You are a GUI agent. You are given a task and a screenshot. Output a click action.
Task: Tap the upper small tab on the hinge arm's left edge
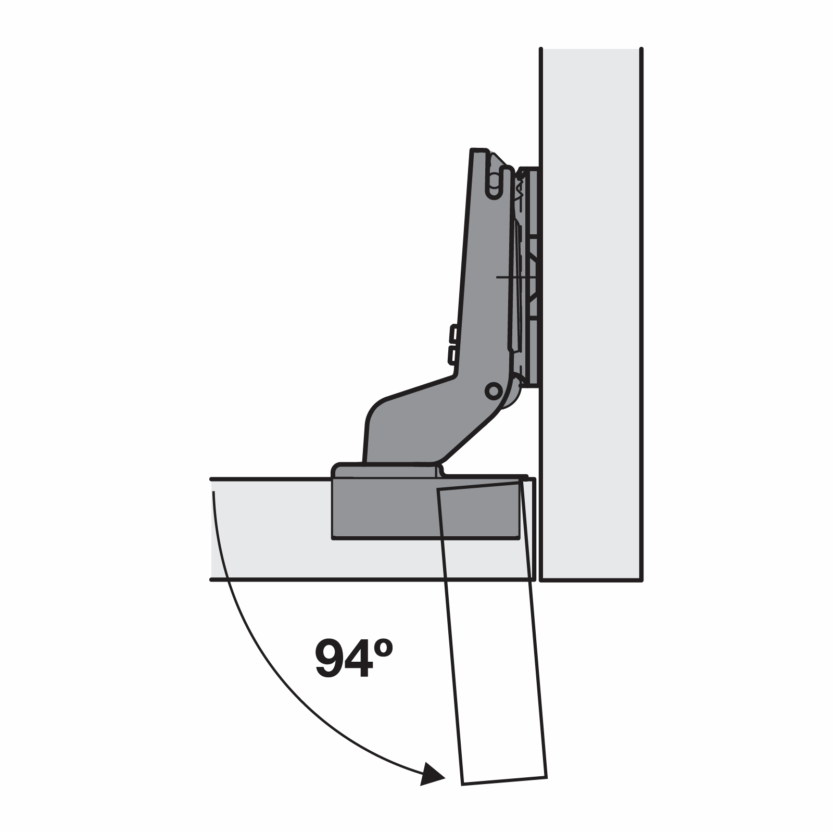click(453, 333)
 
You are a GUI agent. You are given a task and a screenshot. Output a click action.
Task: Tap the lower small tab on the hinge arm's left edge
click(452, 356)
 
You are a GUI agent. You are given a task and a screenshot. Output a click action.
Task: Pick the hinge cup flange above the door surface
click(385, 470)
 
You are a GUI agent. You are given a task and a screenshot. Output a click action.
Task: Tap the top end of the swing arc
click(213, 493)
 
